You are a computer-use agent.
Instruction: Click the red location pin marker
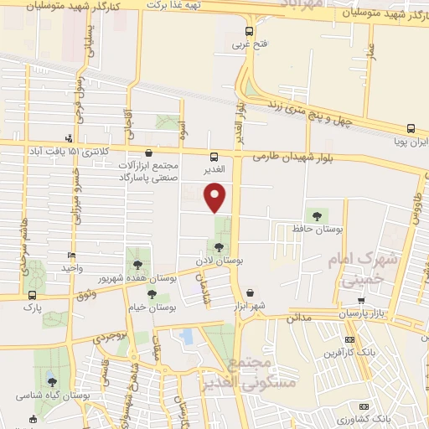point(216,197)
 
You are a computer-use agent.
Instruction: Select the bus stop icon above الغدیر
point(214,156)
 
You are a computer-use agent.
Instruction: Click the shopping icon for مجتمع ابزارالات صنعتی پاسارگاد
point(148,153)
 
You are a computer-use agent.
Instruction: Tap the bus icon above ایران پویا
point(411,128)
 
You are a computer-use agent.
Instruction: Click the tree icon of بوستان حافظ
point(316,216)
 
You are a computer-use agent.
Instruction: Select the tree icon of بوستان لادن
point(219,247)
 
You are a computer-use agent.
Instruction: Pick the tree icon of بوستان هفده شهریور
point(136,265)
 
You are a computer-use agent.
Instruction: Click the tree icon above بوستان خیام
point(152,294)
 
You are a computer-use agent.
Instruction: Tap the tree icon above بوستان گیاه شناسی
point(52,381)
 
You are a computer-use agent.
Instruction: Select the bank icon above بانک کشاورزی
point(363,405)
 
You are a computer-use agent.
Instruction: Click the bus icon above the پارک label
point(33,295)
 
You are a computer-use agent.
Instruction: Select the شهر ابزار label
point(250,305)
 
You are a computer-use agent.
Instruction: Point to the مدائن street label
point(298,318)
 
